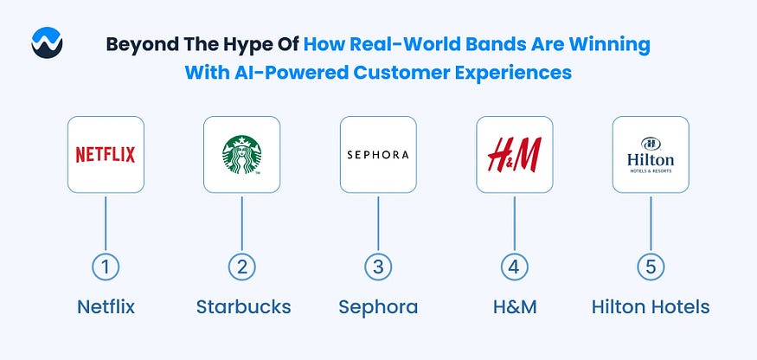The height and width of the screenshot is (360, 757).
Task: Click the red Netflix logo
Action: click(106, 155)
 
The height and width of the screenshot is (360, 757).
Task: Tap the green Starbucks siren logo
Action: click(242, 155)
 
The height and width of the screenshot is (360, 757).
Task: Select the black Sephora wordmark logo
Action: click(378, 155)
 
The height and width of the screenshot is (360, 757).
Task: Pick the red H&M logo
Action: click(514, 155)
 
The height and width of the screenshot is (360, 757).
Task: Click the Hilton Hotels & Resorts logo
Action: click(651, 155)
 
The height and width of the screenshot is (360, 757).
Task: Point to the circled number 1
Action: click(106, 267)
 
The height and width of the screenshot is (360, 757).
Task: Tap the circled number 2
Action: click(242, 267)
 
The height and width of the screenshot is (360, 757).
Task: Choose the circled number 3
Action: click(378, 267)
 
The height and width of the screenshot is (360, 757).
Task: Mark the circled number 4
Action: click(514, 267)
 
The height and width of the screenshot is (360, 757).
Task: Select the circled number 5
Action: click(651, 267)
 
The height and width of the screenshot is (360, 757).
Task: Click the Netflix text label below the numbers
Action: click(106, 307)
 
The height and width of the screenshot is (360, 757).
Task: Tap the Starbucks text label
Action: click(243, 307)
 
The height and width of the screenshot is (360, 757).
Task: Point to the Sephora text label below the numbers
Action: click(378, 307)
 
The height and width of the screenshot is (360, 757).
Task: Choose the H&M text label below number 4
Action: click(515, 307)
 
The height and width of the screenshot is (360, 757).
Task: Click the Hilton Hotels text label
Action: click(651, 307)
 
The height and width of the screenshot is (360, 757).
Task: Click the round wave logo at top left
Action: click(47, 42)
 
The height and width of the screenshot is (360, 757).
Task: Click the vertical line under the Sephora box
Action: click(378, 223)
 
